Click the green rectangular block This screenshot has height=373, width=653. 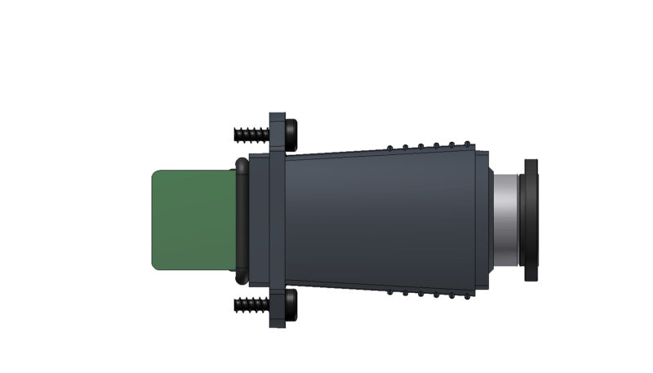pyautogui.click(x=193, y=220)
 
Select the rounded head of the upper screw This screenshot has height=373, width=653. pyautogui.click(x=291, y=133)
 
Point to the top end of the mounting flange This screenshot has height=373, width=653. pyautogui.click(x=278, y=118)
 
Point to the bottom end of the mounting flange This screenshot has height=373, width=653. pyautogui.click(x=278, y=322)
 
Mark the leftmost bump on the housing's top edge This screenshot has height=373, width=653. pyautogui.click(x=390, y=148)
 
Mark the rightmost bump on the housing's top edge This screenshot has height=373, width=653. pyautogui.click(x=467, y=146)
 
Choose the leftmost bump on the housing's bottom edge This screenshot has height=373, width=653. pyautogui.click(x=390, y=291)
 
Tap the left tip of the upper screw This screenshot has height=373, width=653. pyautogui.click(x=236, y=133)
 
